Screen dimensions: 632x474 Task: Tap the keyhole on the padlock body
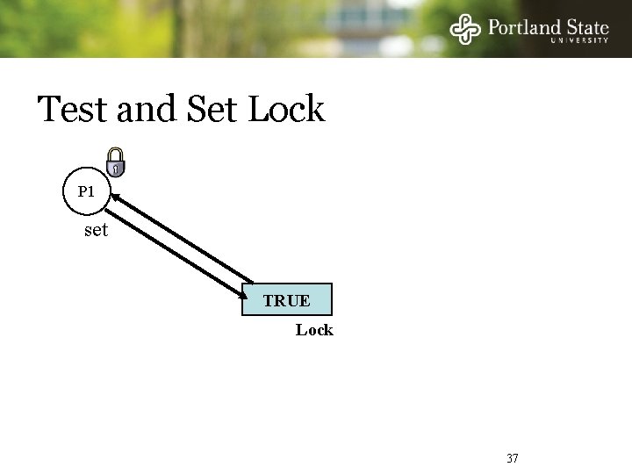(x=115, y=169)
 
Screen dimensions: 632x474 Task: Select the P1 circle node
(x=85, y=190)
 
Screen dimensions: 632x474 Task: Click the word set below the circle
(x=96, y=231)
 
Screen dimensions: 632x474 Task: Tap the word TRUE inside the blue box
(x=286, y=301)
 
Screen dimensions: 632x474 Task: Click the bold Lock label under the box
(x=313, y=330)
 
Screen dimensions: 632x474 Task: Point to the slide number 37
(x=513, y=458)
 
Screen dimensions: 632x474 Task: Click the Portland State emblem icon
(x=466, y=30)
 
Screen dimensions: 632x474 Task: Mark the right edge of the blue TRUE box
(x=334, y=299)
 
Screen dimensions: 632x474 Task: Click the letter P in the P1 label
(x=81, y=190)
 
